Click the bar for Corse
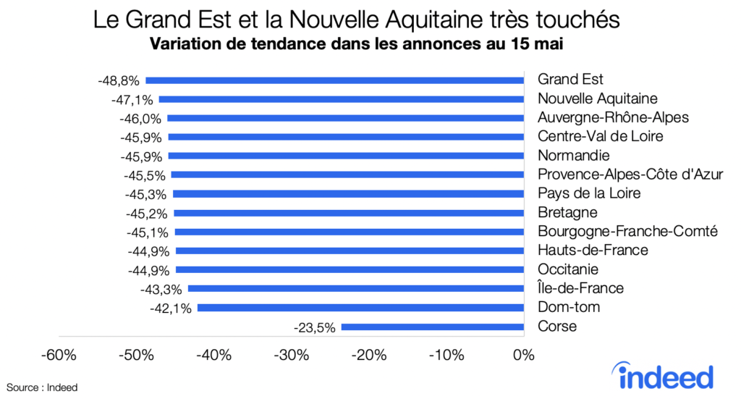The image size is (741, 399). (432, 327)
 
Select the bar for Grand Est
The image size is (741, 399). (334, 80)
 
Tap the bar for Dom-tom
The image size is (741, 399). (360, 308)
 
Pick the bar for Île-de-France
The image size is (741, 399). (355, 288)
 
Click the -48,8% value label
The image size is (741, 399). (119, 80)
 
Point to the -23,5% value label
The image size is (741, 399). (315, 327)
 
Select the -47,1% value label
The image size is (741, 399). (132, 98)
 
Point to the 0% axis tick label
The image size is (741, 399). (523, 356)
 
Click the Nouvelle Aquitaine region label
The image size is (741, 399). (597, 98)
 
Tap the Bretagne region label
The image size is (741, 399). (567, 213)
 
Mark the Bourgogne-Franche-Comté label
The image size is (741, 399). (627, 232)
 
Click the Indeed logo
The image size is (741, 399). (666, 376)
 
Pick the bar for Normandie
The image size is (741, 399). (345, 156)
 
